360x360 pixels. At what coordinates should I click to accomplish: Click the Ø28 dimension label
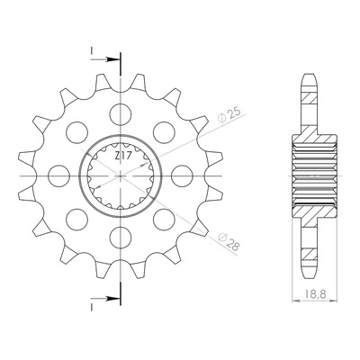[x=229, y=241]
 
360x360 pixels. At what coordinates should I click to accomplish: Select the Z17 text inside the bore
[x=121, y=157]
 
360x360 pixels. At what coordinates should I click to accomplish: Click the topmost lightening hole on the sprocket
[x=121, y=114]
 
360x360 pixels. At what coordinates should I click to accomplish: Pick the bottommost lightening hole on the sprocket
[x=121, y=238]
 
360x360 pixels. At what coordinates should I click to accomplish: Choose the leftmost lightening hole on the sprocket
[x=58, y=176]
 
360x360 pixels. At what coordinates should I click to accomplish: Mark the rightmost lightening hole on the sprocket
[x=182, y=176]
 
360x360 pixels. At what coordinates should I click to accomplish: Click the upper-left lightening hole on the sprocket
[x=77, y=132]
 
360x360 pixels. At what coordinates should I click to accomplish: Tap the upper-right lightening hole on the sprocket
[x=164, y=132]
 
